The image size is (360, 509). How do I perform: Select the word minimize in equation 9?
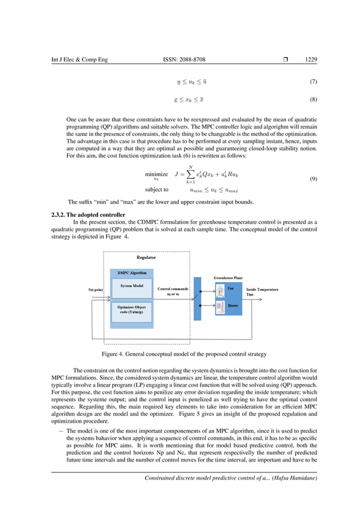pos(156,174)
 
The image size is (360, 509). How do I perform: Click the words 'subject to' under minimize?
pos(156,190)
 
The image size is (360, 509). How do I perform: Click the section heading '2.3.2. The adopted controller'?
pos(87,215)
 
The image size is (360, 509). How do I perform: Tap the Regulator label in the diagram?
pos(146,257)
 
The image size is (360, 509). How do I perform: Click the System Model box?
pos(131,286)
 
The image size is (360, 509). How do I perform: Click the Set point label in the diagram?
pos(95,289)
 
